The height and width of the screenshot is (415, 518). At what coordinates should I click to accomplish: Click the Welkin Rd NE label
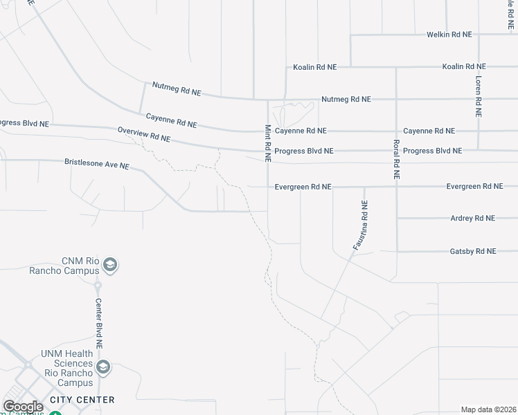tap(449, 34)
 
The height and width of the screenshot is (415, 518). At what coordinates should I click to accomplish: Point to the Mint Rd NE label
tap(267, 143)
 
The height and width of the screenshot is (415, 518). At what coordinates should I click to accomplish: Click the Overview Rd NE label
tap(143, 134)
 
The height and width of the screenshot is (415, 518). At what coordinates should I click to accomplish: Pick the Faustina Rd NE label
tap(360, 225)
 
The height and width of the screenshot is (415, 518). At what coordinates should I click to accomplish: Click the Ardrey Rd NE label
tap(472, 218)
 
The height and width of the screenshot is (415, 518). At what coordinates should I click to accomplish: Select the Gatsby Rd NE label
tap(473, 251)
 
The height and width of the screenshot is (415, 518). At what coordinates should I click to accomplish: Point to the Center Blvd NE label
tap(98, 323)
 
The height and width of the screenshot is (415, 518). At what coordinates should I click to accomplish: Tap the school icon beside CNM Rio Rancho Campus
tap(110, 265)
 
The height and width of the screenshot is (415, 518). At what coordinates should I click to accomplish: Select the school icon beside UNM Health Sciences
tap(104, 367)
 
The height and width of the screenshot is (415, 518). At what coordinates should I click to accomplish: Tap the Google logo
tap(23, 407)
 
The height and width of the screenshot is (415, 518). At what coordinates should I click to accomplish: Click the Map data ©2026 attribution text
tap(488, 409)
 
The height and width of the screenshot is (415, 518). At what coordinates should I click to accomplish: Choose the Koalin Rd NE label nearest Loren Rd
tap(464, 66)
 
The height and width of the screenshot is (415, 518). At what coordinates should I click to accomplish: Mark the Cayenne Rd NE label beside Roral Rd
tap(429, 131)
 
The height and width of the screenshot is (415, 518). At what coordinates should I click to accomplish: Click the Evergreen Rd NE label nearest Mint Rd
tap(303, 187)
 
